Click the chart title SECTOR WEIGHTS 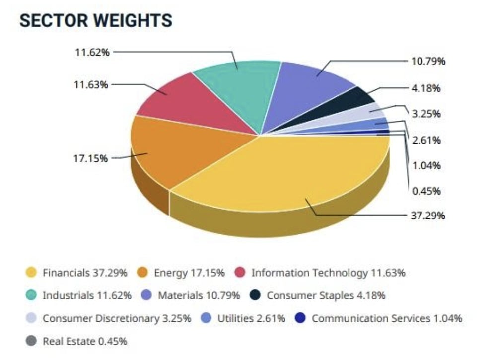click(95, 20)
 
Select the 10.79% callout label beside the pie click(428, 62)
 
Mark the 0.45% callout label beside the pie click(426, 191)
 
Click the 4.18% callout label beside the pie click(426, 88)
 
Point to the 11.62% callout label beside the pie click(92, 52)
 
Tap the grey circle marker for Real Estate click(31, 341)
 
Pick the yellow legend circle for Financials click(31, 273)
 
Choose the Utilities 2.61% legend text click(251, 318)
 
